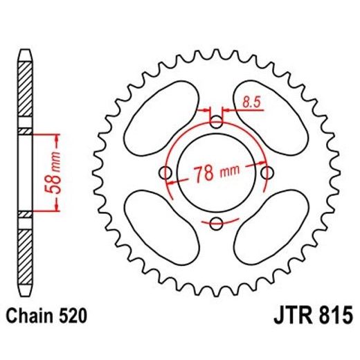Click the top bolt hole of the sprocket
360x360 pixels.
tap(216, 123)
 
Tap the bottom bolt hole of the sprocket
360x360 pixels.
tap(216, 222)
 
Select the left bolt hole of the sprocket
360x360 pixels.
tap(166, 172)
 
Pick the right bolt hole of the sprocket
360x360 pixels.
tap(266, 172)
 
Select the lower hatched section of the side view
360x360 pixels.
tap(25, 253)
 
